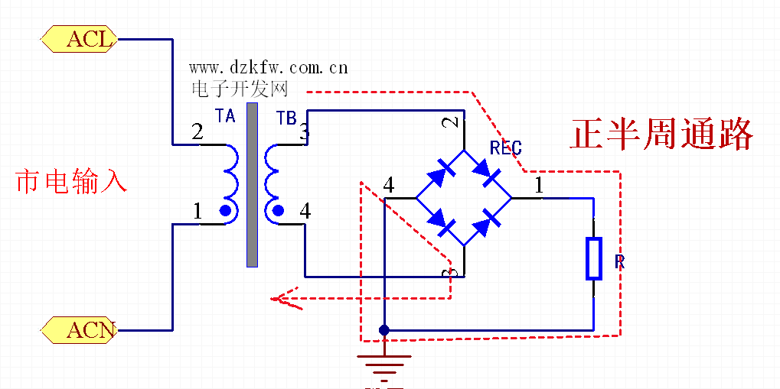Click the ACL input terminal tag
pos(80,38)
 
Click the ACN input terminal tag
pos(80,330)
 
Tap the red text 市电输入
pos(70,182)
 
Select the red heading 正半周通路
pos(661,135)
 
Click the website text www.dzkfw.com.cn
pos(269,68)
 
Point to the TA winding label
pos(225,117)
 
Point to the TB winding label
pos(286,118)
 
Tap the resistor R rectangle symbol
pos(594,258)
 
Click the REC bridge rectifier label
pos(506,148)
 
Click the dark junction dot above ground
pos(384,330)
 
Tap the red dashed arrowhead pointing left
pos(283,299)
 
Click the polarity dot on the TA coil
pos(226,211)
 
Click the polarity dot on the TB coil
pos(279,211)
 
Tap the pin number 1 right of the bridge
pos(539,185)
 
